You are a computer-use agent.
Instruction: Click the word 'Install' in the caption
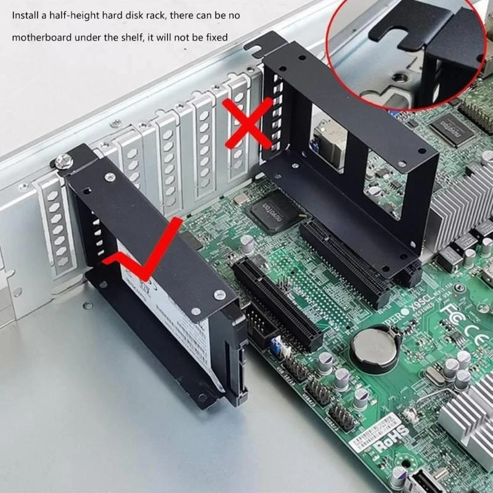(25, 16)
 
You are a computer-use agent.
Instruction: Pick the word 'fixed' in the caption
(216, 37)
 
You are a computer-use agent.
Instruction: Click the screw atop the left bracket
(62, 161)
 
